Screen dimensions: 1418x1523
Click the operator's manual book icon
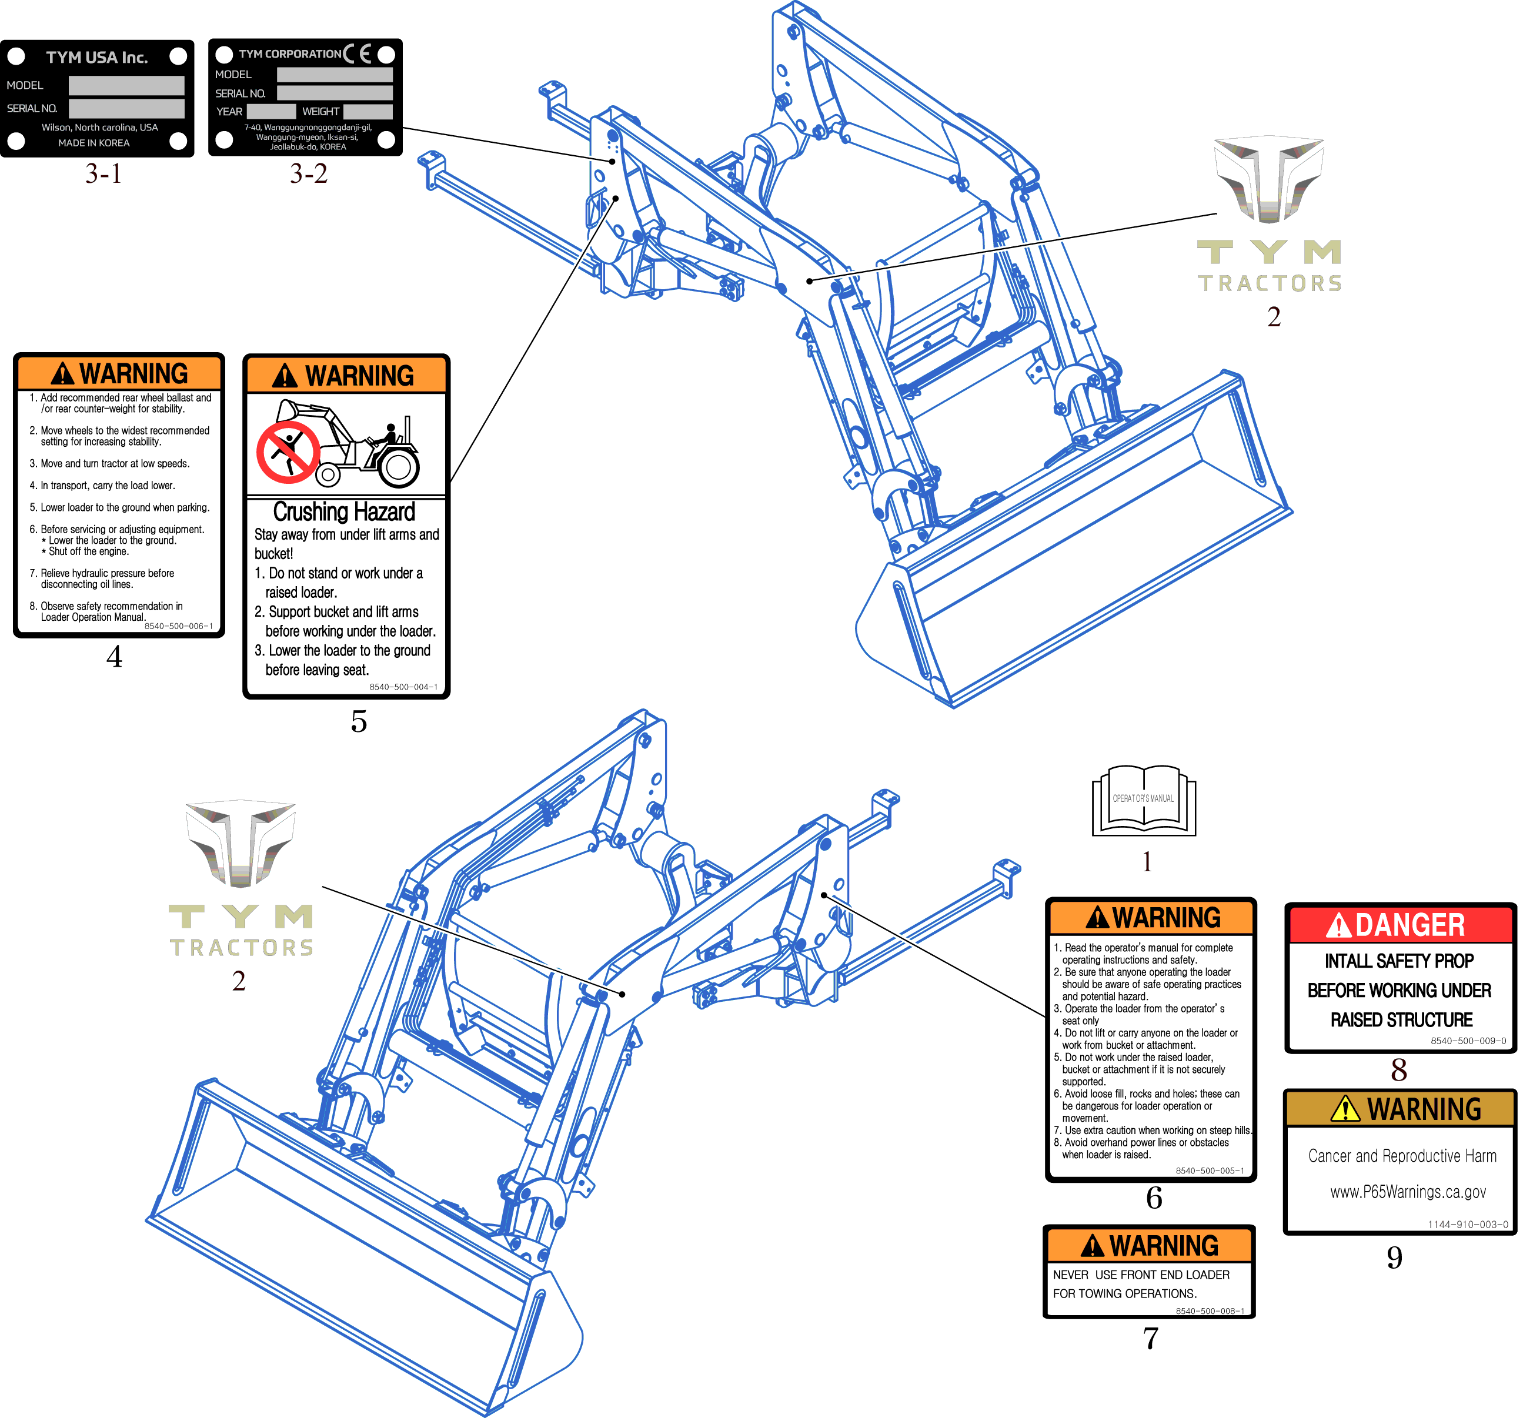(1143, 801)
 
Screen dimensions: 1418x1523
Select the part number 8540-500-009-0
(1467, 1041)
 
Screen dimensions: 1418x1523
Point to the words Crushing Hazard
(344, 511)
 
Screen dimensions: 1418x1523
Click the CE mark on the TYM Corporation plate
(357, 53)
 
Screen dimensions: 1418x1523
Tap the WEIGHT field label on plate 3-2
(320, 112)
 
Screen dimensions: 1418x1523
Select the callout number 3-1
(103, 174)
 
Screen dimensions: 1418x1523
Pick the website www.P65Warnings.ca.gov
(1407, 1192)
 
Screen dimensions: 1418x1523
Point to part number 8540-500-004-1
(403, 687)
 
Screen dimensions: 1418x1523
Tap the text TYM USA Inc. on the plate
(96, 58)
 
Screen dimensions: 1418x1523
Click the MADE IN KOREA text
(94, 143)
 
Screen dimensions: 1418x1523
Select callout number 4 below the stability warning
(114, 657)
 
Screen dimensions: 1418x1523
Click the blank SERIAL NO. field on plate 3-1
(126, 109)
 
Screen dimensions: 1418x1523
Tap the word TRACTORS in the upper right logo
(1270, 284)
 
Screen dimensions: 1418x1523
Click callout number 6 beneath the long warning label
(1154, 1198)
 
